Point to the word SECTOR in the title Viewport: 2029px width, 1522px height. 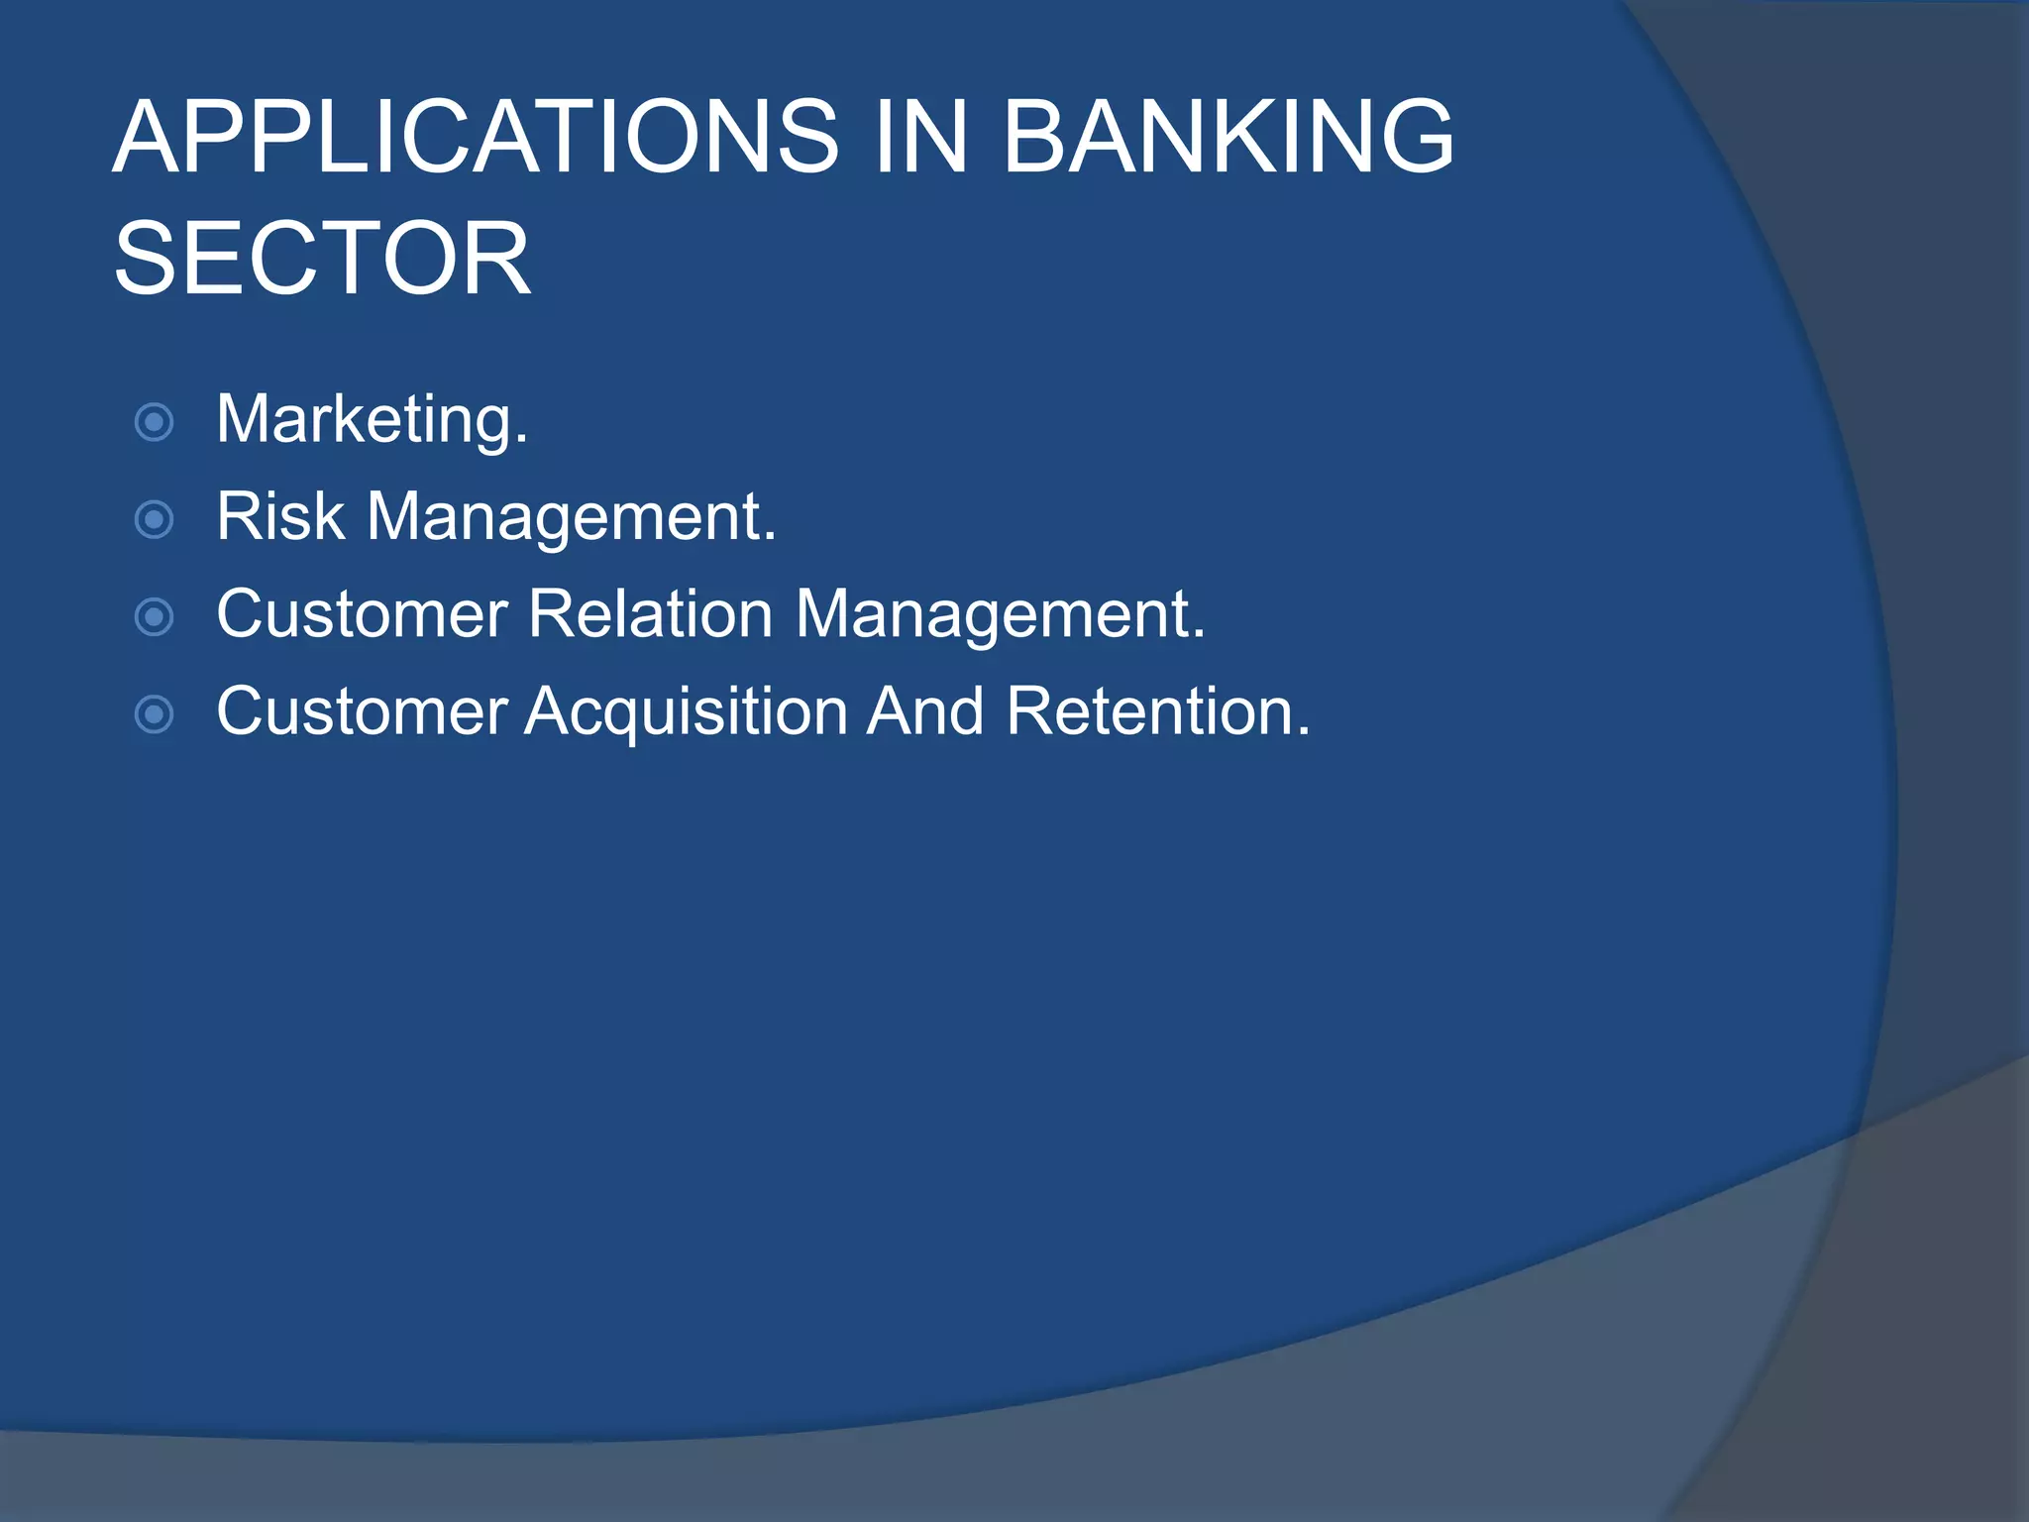[322, 259]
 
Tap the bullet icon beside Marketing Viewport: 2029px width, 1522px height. [154, 422]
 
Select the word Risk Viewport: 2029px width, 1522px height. [280, 516]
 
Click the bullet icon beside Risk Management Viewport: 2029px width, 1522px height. [154, 519]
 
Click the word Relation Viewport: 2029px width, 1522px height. [650, 613]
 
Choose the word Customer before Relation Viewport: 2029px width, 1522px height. [362, 613]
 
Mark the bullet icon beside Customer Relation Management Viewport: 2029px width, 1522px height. [154, 617]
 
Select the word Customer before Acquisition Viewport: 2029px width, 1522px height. [362, 710]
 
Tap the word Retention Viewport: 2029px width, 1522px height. [1149, 710]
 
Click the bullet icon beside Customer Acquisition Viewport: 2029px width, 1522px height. [154, 714]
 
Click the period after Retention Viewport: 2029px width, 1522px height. [1303, 732]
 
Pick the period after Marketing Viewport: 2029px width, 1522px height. [522, 441]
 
